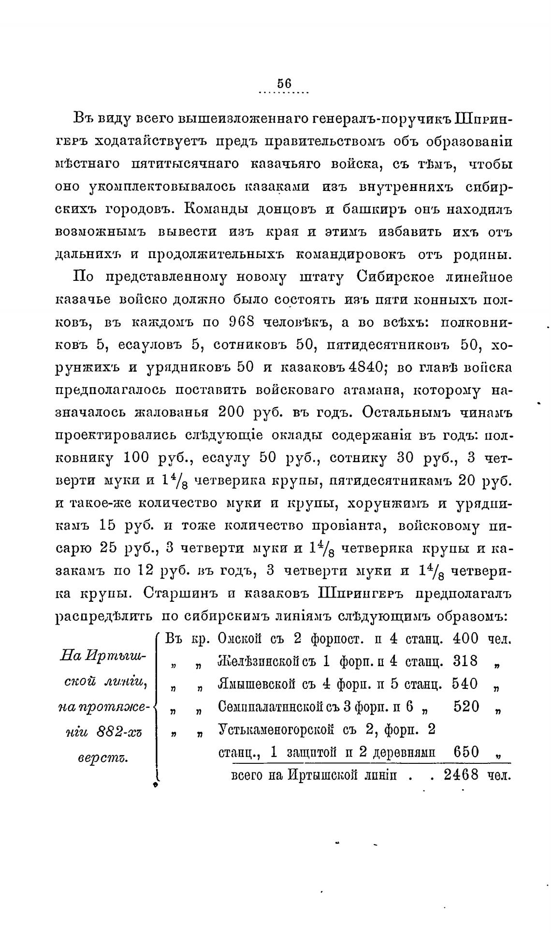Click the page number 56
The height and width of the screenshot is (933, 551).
285,83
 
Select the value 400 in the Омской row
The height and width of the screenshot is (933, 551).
465,639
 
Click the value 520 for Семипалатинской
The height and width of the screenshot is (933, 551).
466,706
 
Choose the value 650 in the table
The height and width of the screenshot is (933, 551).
466,752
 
